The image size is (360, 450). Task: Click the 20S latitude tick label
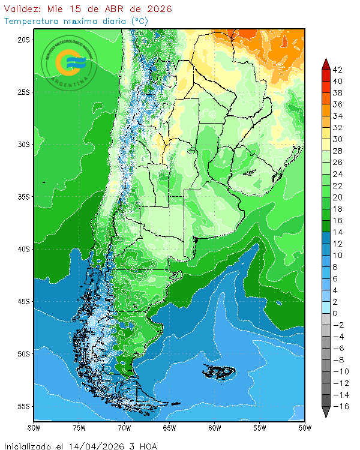[x=23, y=40]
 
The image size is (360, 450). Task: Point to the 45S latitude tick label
[x=23, y=301]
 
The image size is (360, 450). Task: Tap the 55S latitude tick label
[x=23, y=406]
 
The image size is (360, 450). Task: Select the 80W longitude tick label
[x=34, y=428]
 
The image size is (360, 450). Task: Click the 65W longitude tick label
[x=169, y=428]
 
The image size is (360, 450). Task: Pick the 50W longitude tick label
[x=304, y=428]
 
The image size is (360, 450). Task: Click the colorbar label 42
[x=338, y=70]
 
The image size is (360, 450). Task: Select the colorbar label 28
[x=338, y=151]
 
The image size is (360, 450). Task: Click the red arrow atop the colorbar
[x=326, y=64]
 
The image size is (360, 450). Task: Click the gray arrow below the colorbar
[x=326, y=412]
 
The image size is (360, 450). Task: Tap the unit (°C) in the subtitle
[x=139, y=21]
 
